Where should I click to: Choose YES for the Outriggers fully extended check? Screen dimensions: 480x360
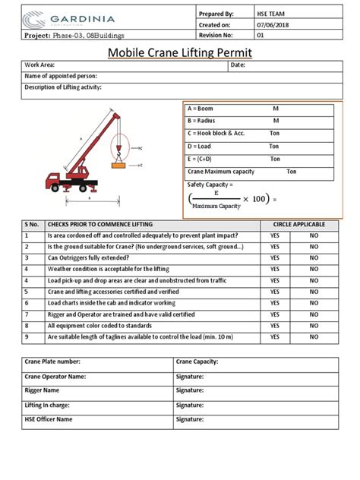coord(274,268)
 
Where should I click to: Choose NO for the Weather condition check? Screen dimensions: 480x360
coord(314,279)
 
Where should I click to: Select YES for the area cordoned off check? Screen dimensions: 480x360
coord(274,236)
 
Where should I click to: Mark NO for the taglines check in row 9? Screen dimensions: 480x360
coord(314,336)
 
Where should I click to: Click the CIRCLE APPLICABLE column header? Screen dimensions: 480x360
coord(295,225)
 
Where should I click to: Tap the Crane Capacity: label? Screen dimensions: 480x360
coord(197,362)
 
